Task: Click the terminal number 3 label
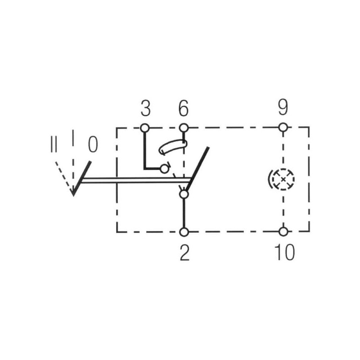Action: [145, 108]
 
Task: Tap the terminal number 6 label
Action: [184, 108]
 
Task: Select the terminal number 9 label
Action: [283, 108]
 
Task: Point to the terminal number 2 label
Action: [184, 252]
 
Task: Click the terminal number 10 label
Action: [284, 252]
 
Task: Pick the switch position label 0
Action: [93, 144]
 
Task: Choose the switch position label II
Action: [54, 144]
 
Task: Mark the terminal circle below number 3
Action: [144, 128]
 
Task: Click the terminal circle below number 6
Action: [184, 128]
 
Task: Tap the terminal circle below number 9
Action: [283, 127]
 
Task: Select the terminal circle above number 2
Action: [184, 232]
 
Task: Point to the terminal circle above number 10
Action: [283, 231]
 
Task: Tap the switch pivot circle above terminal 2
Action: [184, 194]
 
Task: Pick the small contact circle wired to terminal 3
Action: [164, 169]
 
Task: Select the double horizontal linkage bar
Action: [136, 180]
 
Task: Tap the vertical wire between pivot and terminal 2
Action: [184, 213]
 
